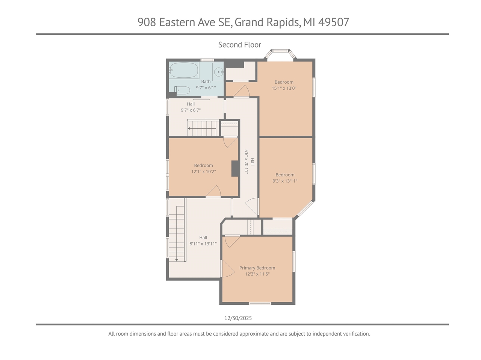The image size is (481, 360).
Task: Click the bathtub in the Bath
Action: [184, 70]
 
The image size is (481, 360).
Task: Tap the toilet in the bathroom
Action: [182, 90]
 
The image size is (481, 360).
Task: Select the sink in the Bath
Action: [218, 71]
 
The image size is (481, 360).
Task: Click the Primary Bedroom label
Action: [257, 268]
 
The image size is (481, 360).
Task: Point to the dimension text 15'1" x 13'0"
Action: [284, 88]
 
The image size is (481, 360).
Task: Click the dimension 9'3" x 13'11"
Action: [285, 181]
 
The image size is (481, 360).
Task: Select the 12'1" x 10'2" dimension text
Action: [203, 172]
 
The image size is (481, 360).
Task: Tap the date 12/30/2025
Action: [238, 318]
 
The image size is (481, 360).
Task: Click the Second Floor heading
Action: [239, 45]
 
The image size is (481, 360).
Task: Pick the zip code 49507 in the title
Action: [334, 22]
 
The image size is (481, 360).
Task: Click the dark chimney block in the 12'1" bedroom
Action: [235, 168]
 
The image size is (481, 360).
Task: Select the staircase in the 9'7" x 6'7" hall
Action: [203, 128]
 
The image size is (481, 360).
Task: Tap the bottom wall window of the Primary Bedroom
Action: [260, 303]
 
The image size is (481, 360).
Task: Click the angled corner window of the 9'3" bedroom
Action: [305, 209]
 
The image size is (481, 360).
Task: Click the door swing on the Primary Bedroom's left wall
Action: [227, 269]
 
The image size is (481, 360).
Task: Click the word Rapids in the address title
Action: [283, 22]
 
